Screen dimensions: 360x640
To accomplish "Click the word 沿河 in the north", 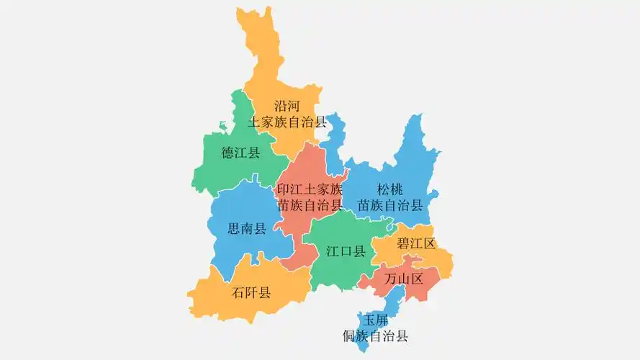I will (287, 106).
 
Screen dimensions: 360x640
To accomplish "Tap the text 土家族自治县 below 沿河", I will (287, 122).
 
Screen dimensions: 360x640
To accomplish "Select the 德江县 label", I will (240, 153).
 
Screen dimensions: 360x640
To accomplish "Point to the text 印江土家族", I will (310, 190).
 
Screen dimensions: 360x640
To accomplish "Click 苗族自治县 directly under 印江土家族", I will (310, 205).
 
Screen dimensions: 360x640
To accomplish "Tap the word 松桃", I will (390, 190).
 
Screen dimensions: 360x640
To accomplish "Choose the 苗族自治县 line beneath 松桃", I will (390, 205).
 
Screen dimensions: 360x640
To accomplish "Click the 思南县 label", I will (247, 230).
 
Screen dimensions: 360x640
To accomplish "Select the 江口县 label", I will (346, 251).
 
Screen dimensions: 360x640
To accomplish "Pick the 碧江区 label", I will (416, 243).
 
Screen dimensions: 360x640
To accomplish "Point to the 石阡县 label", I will (251, 292).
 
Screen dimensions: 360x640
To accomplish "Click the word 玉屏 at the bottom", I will (376, 320).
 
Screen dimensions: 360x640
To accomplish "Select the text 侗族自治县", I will (376, 335).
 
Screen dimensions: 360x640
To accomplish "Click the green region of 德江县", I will (223, 173).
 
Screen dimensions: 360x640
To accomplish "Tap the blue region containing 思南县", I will (238, 209).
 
